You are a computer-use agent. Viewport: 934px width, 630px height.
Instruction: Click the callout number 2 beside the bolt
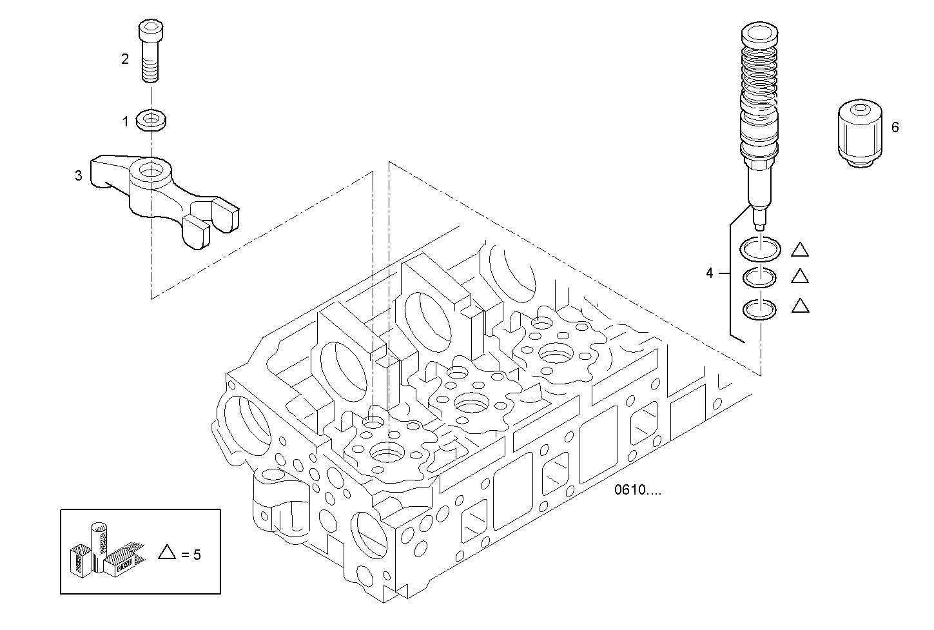click(125, 59)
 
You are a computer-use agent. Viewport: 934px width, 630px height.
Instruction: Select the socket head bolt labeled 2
click(150, 52)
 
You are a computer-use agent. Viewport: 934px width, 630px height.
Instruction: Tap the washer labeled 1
click(152, 120)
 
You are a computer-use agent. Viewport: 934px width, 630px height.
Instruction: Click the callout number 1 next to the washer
click(126, 121)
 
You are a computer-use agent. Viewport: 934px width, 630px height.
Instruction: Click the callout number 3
click(79, 175)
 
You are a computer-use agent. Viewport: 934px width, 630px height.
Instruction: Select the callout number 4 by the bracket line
click(710, 273)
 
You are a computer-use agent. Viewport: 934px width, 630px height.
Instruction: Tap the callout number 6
click(895, 128)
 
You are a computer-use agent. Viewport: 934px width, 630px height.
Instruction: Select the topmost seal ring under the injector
click(761, 248)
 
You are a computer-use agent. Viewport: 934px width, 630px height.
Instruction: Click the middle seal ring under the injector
click(761, 277)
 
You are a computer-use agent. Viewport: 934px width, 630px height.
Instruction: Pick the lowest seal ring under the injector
click(761, 310)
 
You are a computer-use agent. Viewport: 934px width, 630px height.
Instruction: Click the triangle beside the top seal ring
click(799, 249)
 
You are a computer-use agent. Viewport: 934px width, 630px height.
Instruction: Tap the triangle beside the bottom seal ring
click(799, 306)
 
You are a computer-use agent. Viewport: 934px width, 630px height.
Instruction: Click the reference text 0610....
click(637, 490)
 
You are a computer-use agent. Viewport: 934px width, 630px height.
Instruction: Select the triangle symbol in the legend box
click(167, 552)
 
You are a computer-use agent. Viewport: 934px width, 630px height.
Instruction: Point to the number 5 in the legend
click(197, 554)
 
